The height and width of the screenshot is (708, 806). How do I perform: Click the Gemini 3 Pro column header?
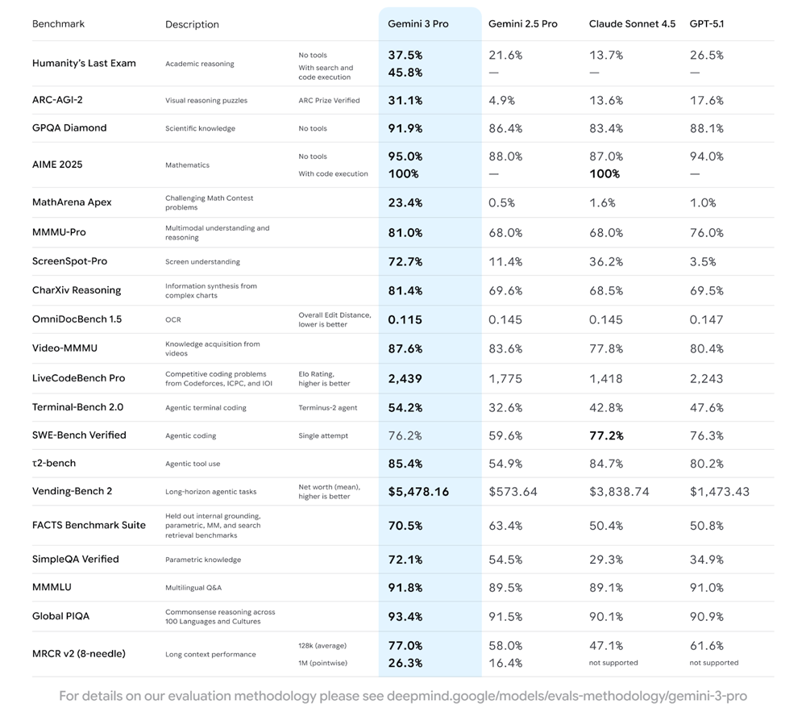point(418,24)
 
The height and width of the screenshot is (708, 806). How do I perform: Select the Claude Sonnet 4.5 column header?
point(632,24)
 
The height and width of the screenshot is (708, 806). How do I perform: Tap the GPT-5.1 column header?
point(707,24)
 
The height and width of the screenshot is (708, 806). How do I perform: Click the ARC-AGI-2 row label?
point(57,101)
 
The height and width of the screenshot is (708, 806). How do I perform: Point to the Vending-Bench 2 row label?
point(72,491)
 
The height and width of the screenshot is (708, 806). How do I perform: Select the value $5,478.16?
point(418,491)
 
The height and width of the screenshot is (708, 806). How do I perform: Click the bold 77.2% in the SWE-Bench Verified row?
point(606,435)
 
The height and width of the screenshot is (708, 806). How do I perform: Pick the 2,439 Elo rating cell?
point(405,378)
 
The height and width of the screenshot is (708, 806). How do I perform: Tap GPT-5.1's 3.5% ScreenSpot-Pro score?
point(703,261)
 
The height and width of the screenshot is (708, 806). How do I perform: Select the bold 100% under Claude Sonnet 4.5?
point(604,174)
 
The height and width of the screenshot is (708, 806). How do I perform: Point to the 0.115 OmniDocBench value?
point(405,320)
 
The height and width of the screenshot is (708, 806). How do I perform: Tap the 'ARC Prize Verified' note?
point(329,101)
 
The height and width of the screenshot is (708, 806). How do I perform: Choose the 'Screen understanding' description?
point(202,262)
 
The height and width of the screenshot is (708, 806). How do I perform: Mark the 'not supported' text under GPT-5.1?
point(713,663)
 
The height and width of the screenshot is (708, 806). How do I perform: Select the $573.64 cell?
point(513,491)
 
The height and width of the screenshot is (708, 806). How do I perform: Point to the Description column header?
point(192,24)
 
